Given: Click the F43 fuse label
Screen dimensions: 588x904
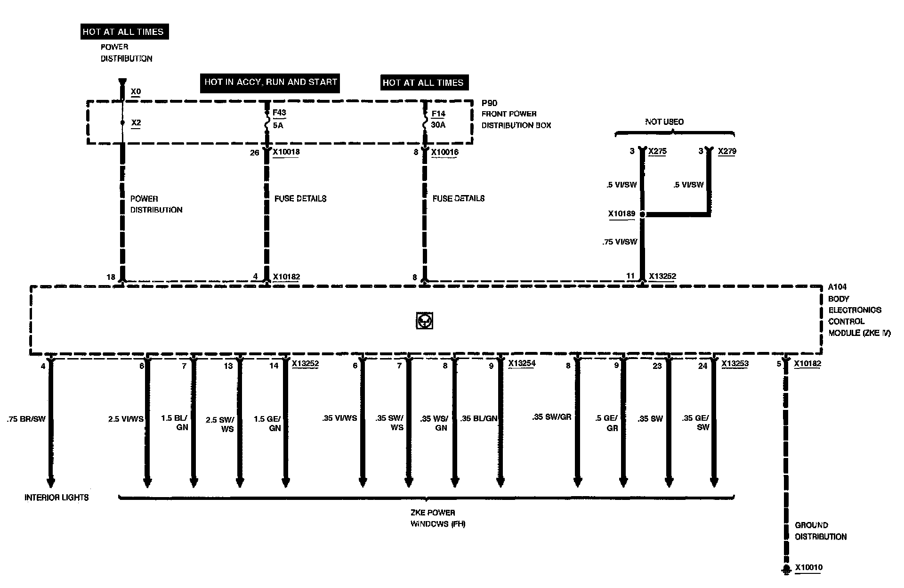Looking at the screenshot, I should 279,113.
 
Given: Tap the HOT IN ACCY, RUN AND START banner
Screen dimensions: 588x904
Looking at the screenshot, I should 271,82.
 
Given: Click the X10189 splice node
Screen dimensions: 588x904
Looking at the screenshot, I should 643,214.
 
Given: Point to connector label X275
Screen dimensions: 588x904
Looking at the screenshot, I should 657,151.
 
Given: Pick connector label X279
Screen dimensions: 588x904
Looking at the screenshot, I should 727,151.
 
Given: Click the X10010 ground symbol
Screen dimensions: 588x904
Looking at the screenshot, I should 785,569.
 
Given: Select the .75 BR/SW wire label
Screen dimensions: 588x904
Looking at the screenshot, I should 26,419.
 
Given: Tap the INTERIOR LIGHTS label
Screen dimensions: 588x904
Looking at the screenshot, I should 56,498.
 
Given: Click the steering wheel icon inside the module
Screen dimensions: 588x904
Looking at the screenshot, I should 425,321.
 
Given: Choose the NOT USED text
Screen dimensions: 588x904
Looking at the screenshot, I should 664,122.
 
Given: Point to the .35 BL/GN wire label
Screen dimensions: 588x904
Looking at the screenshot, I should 479,418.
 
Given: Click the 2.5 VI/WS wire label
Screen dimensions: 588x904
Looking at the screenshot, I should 126,419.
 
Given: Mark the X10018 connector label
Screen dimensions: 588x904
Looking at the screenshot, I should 286,152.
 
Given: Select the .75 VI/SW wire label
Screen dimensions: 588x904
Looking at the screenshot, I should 620,242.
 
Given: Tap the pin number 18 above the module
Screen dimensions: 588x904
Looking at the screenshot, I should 111,277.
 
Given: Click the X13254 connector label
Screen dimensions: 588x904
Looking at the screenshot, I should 522,364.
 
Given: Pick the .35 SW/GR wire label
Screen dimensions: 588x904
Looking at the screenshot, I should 552,417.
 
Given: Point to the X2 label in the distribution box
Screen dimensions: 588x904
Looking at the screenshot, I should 136,123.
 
